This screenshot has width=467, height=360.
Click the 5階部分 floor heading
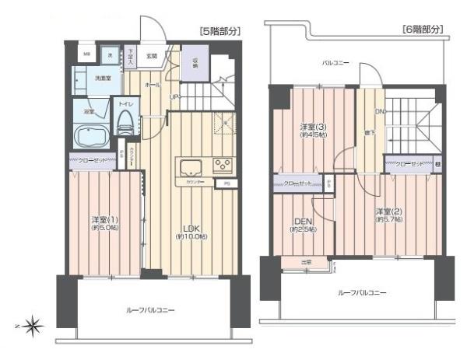(x=220, y=31)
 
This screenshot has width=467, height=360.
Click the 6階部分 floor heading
(x=423, y=30)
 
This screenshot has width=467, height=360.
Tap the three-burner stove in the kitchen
(x=223, y=166)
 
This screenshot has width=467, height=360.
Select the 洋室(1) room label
(x=104, y=222)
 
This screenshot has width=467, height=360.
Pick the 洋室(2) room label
(x=386, y=214)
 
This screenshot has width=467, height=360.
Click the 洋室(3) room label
(x=312, y=130)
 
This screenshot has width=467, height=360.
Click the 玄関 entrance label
(x=152, y=56)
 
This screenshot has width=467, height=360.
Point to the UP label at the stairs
(x=177, y=96)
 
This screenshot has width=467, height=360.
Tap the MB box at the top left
(x=87, y=54)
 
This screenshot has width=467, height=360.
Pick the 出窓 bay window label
(x=307, y=262)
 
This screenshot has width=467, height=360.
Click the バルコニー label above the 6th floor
(x=336, y=61)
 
